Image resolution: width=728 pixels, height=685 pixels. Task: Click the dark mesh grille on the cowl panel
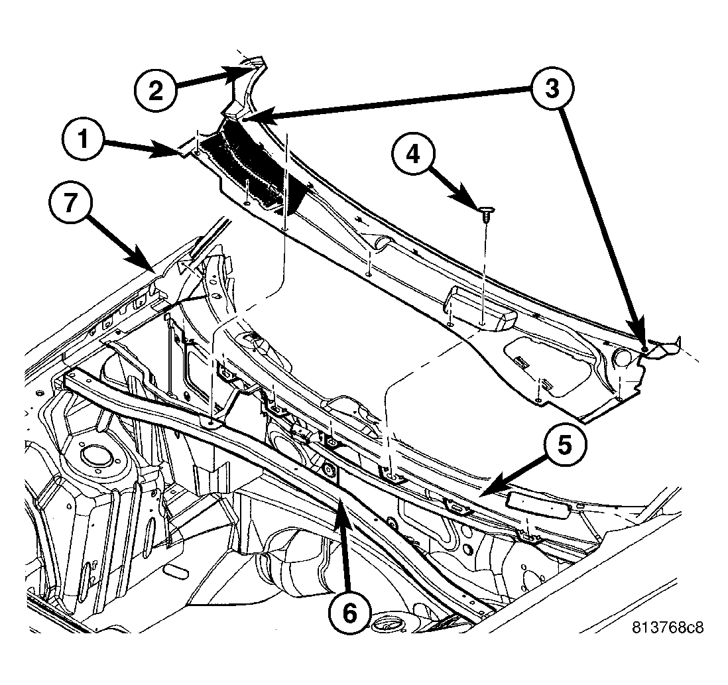coord(249,162)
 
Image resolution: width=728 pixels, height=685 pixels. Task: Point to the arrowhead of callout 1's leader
coord(182,155)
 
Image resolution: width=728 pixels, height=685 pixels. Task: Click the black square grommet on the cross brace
coord(330,472)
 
